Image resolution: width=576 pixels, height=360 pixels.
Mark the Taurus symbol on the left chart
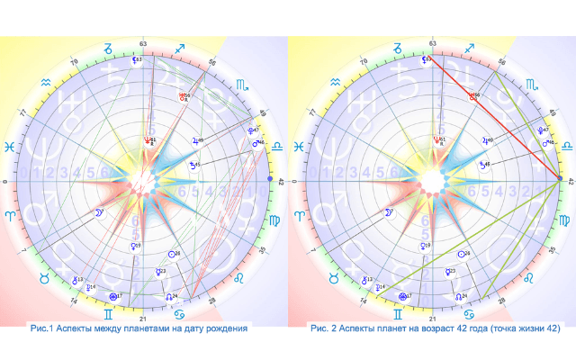coord(42,280)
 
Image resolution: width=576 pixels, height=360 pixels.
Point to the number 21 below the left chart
coord(143,319)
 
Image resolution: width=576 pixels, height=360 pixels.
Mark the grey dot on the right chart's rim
coord(560,180)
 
